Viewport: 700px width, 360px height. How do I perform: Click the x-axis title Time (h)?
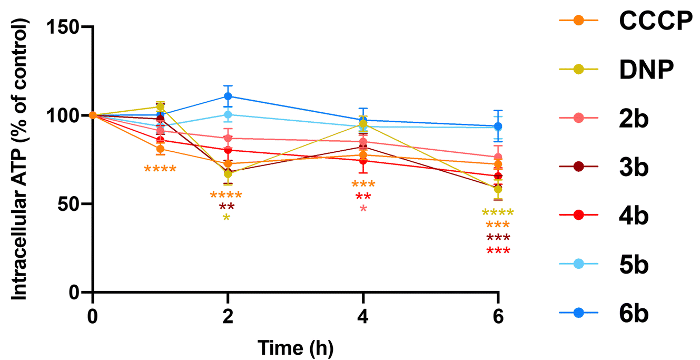click(x=295, y=347)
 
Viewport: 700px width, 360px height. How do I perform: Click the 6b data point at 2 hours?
click(x=228, y=96)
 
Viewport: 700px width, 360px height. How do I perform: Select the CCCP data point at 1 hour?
click(x=160, y=149)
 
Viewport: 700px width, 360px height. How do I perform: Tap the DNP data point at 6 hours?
click(x=498, y=189)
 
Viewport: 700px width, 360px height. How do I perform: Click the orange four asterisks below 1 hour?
click(x=160, y=170)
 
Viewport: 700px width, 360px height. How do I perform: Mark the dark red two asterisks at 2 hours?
click(x=227, y=207)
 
